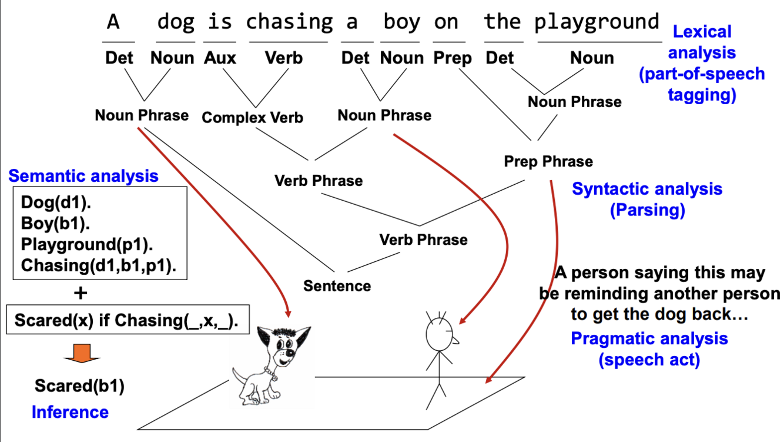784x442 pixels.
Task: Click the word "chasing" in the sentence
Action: pyautogui.click(x=289, y=22)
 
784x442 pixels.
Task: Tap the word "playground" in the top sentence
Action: pyautogui.click(x=597, y=22)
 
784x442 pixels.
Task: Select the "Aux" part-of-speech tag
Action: pyautogui.click(x=220, y=58)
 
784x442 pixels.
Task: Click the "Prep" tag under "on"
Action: pyautogui.click(x=453, y=58)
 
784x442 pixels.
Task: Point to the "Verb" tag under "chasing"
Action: pyautogui.click(x=284, y=58)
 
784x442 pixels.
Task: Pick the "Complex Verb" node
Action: pyautogui.click(x=252, y=118)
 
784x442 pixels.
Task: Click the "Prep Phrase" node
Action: pyautogui.click(x=548, y=161)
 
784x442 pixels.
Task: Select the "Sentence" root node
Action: pyautogui.click(x=337, y=286)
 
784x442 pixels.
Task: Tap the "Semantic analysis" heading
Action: pyautogui.click(x=83, y=175)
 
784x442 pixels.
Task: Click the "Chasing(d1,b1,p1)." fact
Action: pyautogui.click(x=98, y=265)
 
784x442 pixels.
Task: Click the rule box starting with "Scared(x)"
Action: pyautogui.click(x=128, y=320)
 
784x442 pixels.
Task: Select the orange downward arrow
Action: pyautogui.click(x=82, y=353)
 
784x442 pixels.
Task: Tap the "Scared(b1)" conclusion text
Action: pyautogui.click(x=79, y=386)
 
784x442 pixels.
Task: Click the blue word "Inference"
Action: pyautogui.click(x=70, y=411)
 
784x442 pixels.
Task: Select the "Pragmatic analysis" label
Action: pyautogui.click(x=649, y=338)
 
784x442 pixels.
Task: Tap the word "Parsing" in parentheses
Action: pyautogui.click(x=646, y=210)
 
